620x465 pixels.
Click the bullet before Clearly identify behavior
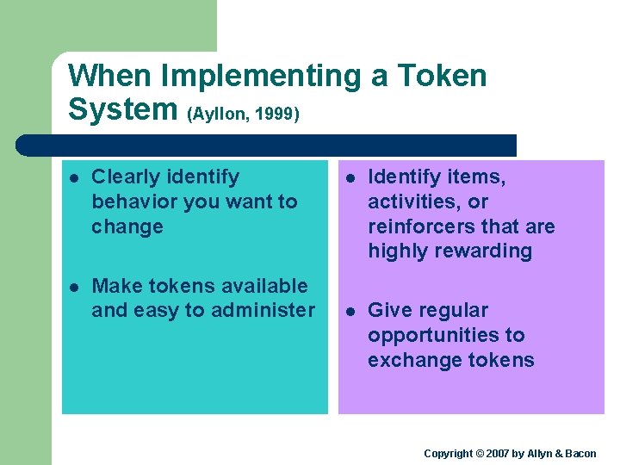[x=74, y=178]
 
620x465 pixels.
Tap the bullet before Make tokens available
[x=74, y=287]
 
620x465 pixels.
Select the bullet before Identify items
[x=350, y=178]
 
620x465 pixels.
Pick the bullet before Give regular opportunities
[x=350, y=312]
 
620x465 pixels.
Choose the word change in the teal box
[x=127, y=227]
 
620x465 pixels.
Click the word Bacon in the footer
[x=579, y=453]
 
